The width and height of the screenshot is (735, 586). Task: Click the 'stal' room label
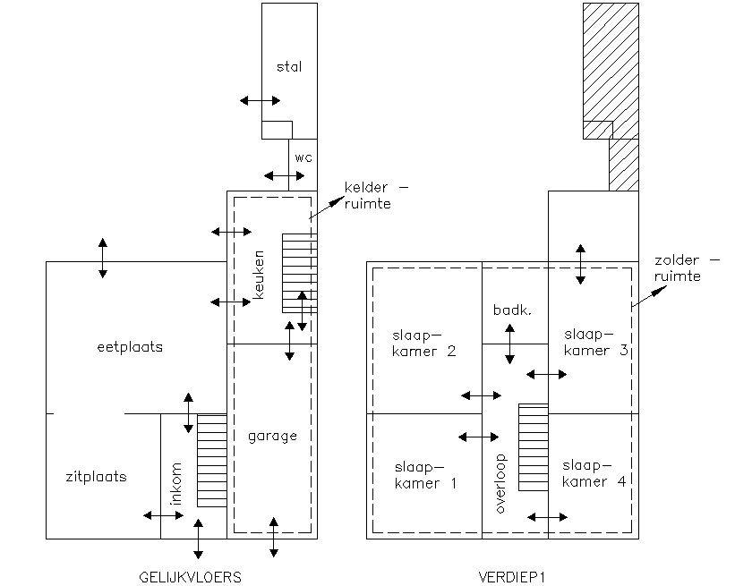coord(289,66)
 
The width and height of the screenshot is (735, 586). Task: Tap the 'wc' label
coord(303,157)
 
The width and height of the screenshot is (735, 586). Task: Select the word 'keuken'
coord(259,273)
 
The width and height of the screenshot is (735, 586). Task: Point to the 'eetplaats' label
coord(130,347)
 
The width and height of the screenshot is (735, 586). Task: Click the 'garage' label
coord(272,436)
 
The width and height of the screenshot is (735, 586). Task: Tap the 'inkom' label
coord(176,484)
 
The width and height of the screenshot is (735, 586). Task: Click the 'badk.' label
coord(513,310)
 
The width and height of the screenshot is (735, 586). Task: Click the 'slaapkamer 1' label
coord(425,475)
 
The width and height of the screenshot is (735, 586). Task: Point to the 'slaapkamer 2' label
coord(424,344)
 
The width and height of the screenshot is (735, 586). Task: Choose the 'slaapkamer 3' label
coord(595,342)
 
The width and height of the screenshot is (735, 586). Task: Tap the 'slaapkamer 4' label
coord(594,474)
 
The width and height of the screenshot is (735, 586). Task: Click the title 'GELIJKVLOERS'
coord(191,577)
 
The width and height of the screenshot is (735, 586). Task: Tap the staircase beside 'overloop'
coord(533,447)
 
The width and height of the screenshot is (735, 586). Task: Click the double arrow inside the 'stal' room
coord(261,100)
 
